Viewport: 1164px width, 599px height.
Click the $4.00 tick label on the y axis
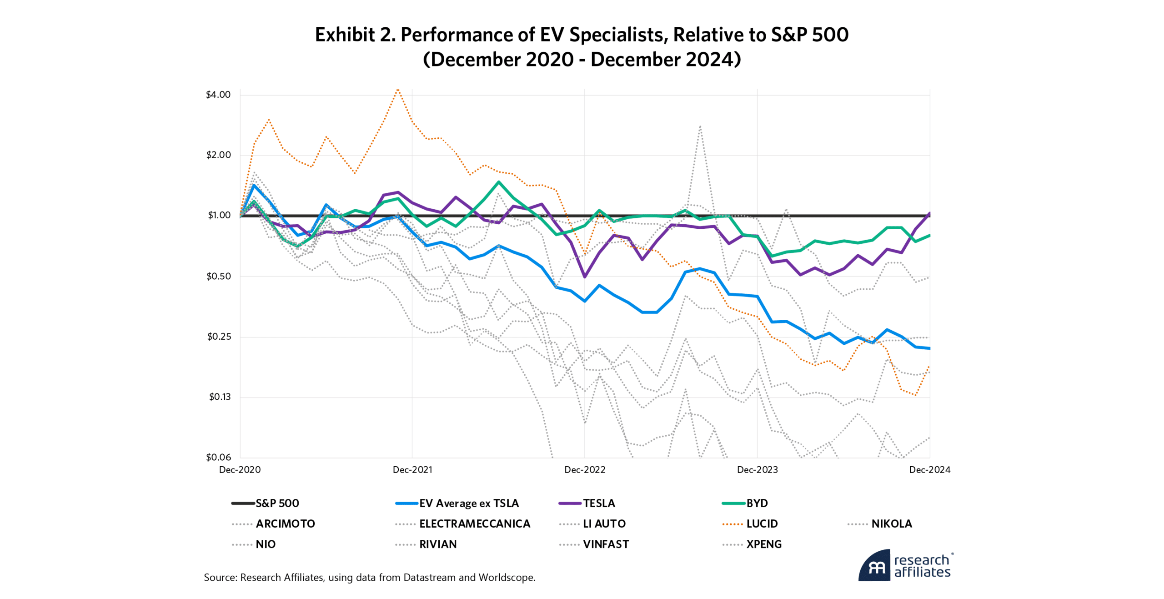[x=218, y=95]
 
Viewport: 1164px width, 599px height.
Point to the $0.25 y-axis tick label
[x=219, y=337]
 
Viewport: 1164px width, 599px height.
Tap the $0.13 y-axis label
[x=220, y=397]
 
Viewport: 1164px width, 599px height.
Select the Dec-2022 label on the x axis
[x=585, y=470]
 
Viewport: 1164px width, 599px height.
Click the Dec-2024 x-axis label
[x=929, y=470]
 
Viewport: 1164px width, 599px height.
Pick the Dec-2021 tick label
[x=412, y=470]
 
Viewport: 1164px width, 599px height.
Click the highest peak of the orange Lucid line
[x=398, y=90]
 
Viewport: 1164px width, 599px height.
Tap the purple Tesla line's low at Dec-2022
[x=585, y=277]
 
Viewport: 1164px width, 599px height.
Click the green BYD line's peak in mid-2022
[x=499, y=182]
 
